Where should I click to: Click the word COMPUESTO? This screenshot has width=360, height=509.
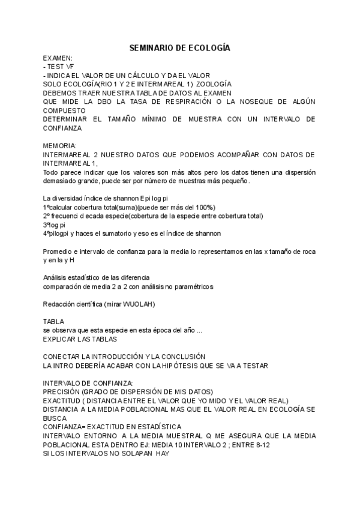point(64,110)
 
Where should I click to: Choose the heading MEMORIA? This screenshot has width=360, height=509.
point(59,145)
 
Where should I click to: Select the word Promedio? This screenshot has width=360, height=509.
point(58,251)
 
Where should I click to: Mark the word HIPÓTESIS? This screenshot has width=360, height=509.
point(171,365)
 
